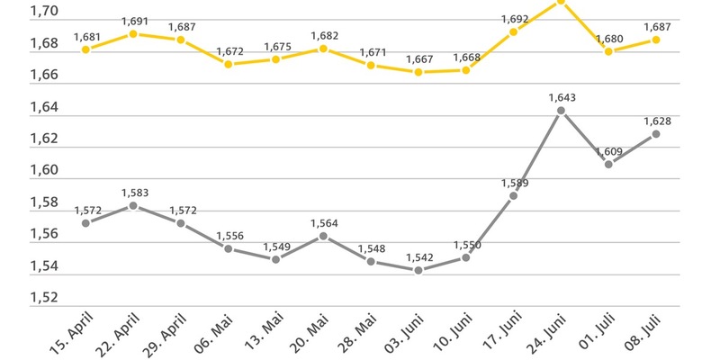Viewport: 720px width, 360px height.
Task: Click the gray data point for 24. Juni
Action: (x=561, y=111)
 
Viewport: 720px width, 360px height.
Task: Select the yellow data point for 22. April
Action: (x=133, y=34)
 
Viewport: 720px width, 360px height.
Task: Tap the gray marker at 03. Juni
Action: (x=418, y=270)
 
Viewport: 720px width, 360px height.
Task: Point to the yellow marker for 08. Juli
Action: (x=656, y=40)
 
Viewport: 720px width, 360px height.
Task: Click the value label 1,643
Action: (x=561, y=97)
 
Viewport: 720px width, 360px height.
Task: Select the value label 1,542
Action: (x=418, y=257)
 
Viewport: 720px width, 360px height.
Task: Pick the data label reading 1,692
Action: (x=513, y=18)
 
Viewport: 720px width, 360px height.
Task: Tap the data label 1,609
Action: (x=608, y=151)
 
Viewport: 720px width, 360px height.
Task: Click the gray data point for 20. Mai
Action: (x=323, y=236)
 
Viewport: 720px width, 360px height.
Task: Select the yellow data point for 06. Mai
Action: (x=229, y=65)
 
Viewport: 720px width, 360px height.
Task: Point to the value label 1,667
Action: (x=418, y=58)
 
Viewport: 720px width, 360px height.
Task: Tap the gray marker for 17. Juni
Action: (x=513, y=195)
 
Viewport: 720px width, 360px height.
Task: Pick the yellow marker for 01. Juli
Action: (x=608, y=51)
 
